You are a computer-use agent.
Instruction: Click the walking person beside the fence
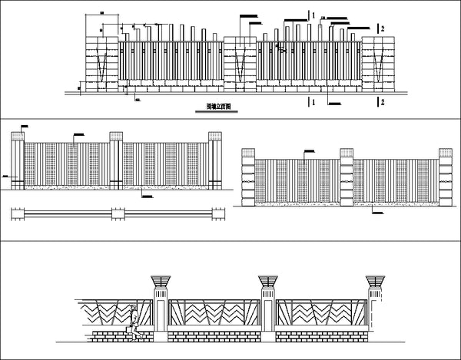[135, 322]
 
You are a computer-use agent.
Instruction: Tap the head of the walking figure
[137, 309]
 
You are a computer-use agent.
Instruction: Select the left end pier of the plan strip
[18, 214]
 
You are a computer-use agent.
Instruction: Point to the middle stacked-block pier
[347, 182]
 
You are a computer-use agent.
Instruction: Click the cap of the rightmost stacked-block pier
[444, 154]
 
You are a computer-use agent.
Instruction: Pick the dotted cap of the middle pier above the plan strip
[116, 137]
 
